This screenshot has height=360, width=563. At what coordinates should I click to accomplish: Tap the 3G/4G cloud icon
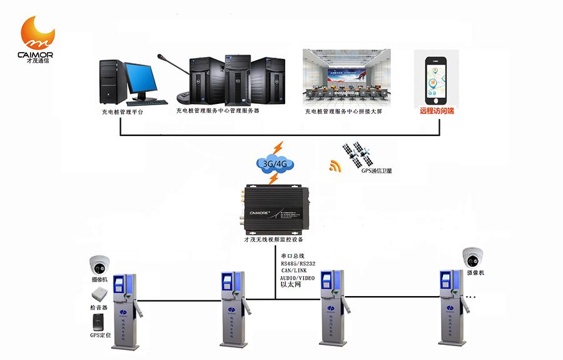click(x=275, y=165)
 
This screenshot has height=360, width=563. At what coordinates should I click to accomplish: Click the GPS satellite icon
click(x=355, y=154)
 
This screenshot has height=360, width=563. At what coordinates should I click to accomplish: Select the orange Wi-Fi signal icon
click(x=336, y=166)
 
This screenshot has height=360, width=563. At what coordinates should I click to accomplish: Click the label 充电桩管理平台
click(x=122, y=113)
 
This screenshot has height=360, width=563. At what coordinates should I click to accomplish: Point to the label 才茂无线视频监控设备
click(x=273, y=239)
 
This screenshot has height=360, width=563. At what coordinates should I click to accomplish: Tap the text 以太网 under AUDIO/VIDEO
click(x=292, y=284)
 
